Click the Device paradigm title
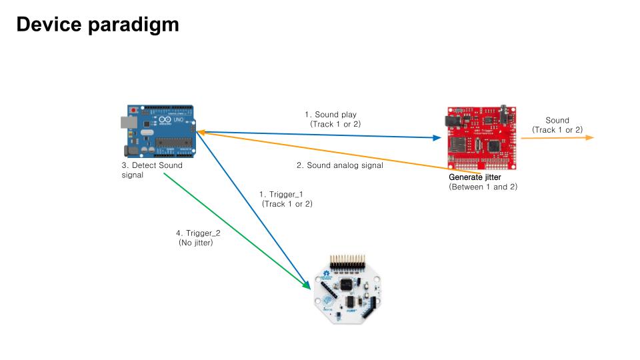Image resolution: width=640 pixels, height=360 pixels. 97,25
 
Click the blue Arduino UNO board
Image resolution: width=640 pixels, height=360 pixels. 159,131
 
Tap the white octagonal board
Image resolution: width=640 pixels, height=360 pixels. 347,289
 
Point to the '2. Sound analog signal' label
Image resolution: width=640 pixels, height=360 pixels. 339,165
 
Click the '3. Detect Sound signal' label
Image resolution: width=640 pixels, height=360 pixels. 152,170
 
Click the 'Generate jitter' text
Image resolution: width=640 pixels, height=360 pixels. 475,177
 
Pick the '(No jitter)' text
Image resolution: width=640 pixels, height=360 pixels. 196,243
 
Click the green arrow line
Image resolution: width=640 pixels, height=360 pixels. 237,231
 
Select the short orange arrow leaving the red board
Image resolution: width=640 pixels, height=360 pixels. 557,138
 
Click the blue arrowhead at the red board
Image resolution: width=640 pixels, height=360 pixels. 437,137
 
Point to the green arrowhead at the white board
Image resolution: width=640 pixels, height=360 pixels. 306,285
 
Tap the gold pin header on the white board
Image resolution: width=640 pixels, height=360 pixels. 347,261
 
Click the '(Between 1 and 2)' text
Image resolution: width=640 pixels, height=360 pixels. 483,187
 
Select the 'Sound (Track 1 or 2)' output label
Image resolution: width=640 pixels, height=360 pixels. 557,125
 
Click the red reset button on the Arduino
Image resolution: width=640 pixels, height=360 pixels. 133,110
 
